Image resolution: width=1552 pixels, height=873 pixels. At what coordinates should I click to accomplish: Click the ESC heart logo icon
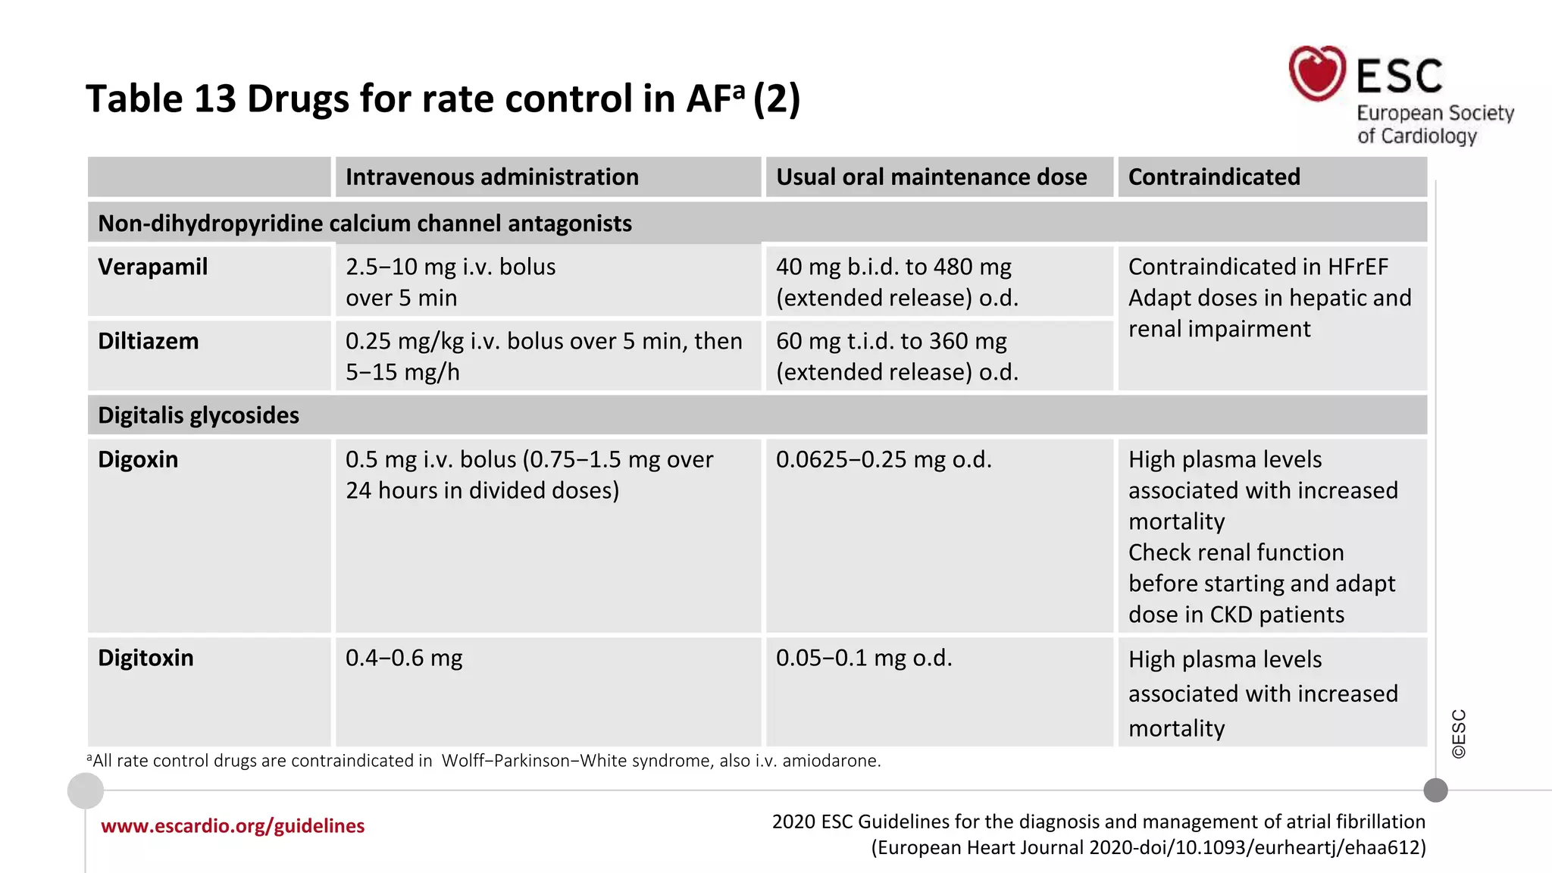coord(1317,74)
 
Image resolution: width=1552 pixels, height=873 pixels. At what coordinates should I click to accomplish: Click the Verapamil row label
coord(152,268)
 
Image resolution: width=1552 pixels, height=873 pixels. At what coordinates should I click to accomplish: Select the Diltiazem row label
coord(148,342)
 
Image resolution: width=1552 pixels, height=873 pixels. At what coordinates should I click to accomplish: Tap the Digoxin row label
coord(138,460)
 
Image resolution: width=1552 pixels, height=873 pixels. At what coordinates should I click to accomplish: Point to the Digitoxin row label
coord(145,659)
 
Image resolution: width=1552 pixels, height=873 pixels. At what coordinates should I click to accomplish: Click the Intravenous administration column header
coord(492,177)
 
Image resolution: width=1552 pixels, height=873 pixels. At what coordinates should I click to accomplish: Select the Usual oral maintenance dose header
coord(931,177)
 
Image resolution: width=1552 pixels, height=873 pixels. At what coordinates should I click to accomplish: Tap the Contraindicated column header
coord(1213,177)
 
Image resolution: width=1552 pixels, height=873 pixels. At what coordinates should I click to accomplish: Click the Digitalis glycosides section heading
coord(199,416)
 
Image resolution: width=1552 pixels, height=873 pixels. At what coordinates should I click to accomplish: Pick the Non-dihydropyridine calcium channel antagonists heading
coord(365,224)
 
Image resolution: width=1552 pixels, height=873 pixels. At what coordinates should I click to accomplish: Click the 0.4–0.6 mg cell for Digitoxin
coord(404,659)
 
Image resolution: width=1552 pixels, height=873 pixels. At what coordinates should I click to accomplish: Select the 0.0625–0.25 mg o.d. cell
coord(884,460)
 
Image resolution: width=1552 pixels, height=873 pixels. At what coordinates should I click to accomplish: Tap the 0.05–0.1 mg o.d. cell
coord(864,659)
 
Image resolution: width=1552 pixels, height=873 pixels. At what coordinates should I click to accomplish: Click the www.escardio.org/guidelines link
coord(233,826)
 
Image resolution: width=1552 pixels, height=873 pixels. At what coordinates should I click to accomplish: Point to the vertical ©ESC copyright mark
coord(1459,734)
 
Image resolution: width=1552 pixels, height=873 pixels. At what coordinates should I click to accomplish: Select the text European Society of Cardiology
coord(1434,125)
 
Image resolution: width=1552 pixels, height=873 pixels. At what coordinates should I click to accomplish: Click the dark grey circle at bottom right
coord(1435,790)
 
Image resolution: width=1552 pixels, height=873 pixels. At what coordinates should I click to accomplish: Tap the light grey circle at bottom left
coord(86,791)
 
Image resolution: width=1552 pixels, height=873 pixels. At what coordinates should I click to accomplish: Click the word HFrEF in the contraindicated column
coord(1357,268)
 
